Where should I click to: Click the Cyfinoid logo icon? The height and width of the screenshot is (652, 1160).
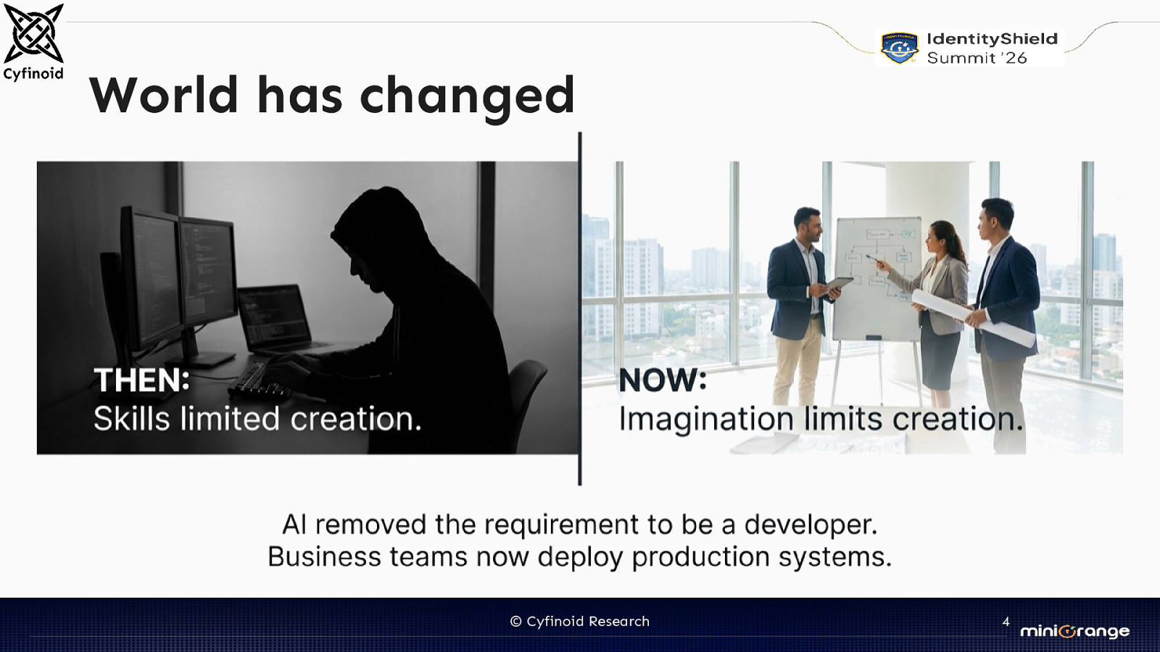33,33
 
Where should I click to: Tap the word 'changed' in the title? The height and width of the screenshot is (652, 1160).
467,96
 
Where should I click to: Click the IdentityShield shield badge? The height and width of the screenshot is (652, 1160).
899,49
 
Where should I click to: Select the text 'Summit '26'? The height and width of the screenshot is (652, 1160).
977,59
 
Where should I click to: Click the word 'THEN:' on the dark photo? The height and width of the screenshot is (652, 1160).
141,380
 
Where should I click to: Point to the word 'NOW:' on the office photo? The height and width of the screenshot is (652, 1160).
662,380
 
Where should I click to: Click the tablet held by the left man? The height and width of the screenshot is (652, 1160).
840,284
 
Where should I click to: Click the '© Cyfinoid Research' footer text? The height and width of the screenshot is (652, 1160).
580,622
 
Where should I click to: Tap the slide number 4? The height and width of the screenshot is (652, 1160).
1006,622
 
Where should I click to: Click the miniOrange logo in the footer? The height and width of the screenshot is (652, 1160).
1074,631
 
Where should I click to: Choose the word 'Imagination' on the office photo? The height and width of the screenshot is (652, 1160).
705,419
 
